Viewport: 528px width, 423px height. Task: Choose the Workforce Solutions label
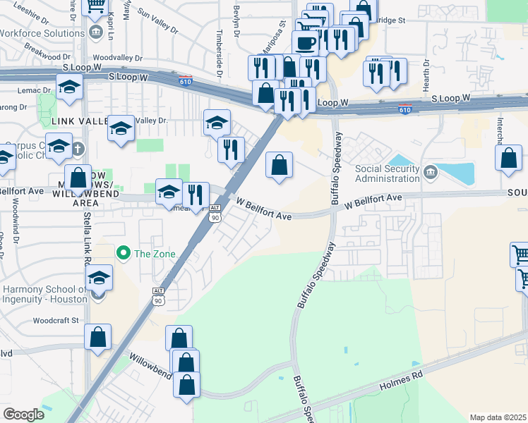(42, 33)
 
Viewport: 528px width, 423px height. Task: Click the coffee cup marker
(305, 42)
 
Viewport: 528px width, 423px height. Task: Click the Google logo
(23, 414)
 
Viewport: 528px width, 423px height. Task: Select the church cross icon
(78, 149)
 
